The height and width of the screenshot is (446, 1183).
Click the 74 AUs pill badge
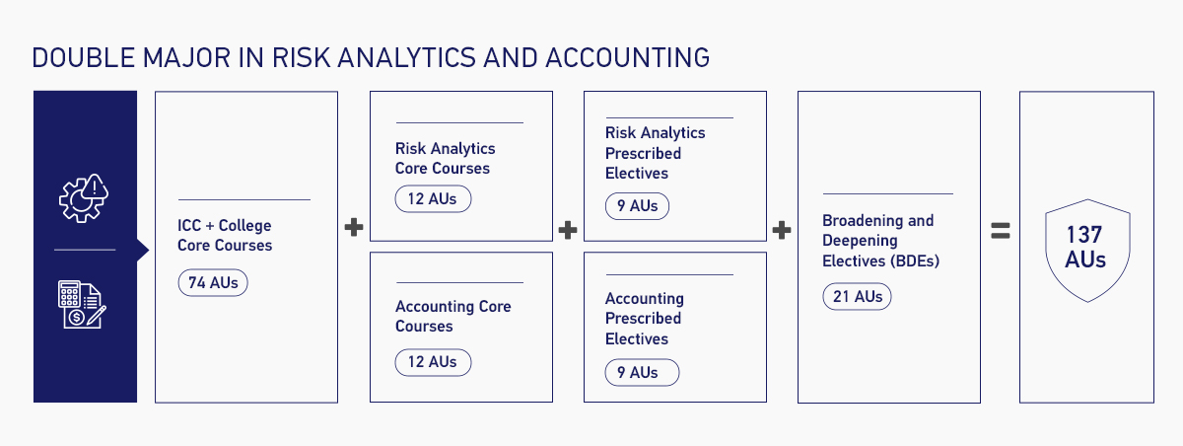point(213,282)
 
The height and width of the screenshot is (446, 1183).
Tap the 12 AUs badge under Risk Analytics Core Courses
point(433,199)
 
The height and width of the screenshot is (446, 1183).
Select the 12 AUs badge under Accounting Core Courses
point(433,362)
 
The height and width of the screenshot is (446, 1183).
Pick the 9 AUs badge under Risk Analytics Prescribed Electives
point(637,206)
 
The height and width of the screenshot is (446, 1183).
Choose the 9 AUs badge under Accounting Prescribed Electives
point(644,372)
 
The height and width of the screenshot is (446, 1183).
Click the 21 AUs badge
point(857,296)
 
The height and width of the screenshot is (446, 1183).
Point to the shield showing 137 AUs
point(1084,248)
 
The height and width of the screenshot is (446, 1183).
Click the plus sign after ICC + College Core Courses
point(354,228)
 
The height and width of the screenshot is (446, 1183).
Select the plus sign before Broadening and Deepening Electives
point(782,230)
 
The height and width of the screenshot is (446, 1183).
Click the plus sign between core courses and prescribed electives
point(567,230)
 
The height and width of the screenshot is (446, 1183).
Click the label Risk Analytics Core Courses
point(446,158)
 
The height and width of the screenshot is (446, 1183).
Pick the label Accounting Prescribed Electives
point(644,319)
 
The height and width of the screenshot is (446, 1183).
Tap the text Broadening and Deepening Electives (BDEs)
point(877,241)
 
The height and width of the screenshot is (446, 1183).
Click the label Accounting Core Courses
point(453,316)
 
